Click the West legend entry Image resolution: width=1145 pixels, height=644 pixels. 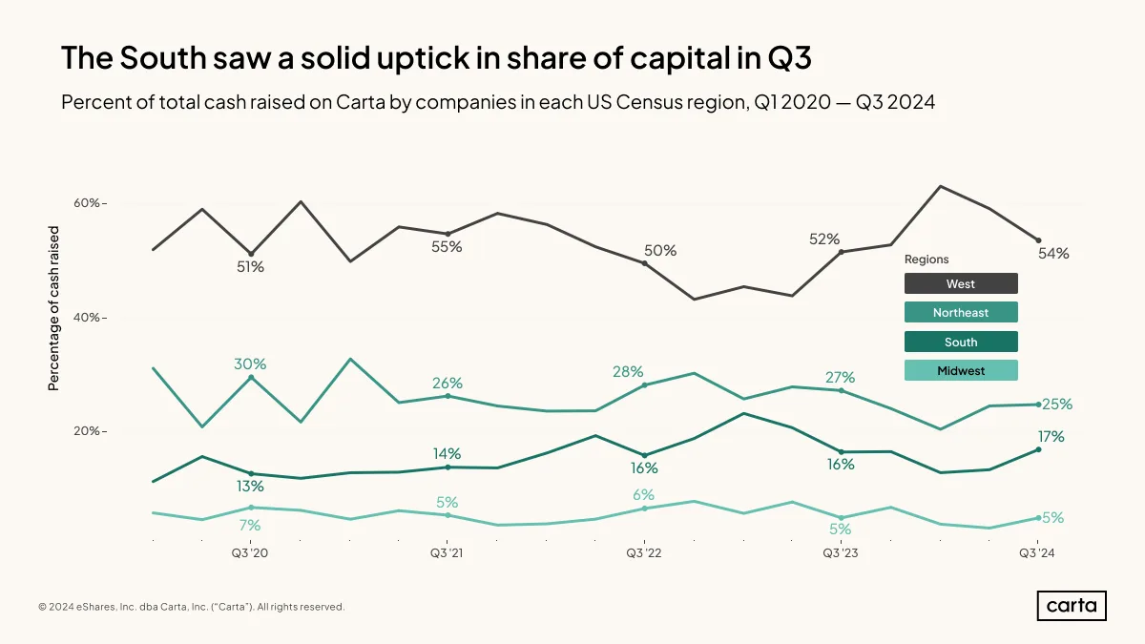coord(961,283)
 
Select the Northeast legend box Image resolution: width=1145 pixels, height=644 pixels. coord(961,312)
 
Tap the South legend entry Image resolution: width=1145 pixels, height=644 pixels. coord(961,342)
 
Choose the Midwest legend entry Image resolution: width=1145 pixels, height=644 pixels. coord(961,370)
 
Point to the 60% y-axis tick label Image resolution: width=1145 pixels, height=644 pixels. coord(87,203)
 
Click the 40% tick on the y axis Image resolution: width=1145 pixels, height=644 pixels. coord(87,318)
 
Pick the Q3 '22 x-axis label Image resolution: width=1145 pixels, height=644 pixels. coord(644,553)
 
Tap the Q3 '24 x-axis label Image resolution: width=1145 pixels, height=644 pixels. coord(1037,553)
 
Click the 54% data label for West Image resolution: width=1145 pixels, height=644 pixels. coord(1053,254)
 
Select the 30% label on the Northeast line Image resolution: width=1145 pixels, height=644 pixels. coord(250,364)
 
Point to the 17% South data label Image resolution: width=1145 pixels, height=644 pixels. coord(1051,437)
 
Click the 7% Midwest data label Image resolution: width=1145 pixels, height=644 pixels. coord(250,526)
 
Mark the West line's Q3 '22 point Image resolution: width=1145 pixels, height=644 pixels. coord(645,263)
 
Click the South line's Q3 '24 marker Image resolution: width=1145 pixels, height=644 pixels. coord(1038,449)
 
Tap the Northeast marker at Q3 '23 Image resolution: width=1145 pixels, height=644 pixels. coord(842,391)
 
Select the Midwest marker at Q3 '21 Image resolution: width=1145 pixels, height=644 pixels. coord(448,515)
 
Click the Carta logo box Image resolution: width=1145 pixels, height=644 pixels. coord(1072,606)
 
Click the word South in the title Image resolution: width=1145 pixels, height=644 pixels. coord(162,57)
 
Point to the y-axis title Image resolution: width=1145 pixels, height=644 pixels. coord(53,309)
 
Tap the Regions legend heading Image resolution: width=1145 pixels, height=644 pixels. coord(926,260)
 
